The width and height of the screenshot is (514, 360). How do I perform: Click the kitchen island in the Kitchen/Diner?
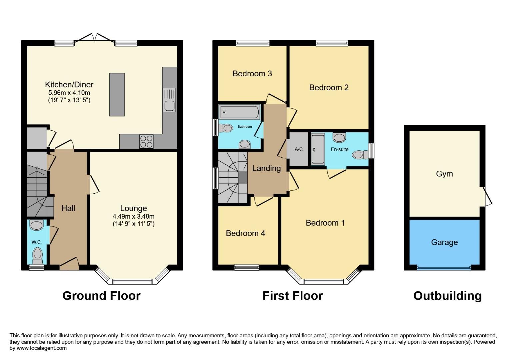[x=117, y=95]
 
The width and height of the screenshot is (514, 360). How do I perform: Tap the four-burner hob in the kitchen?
[x=146, y=141]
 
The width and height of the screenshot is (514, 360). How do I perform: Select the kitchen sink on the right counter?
[x=169, y=100]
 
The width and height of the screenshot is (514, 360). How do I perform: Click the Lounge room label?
[x=133, y=208]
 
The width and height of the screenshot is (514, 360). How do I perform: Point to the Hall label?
[x=68, y=208]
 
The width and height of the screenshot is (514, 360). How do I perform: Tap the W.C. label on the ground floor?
[x=37, y=242]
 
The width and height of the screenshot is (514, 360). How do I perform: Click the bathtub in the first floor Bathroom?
[x=239, y=112]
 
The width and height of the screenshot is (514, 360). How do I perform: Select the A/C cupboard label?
[x=299, y=149]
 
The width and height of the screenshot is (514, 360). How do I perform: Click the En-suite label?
[x=339, y=149]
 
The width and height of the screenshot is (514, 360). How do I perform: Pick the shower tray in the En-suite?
[x=318, y=149]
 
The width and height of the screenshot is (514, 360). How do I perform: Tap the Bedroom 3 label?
[x=252, y=74]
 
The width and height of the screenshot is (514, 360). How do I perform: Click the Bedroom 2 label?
[x=329, y=88]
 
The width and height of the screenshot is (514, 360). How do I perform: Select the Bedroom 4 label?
[x=245, y=233]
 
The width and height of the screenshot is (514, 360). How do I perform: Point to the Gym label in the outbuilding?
[x=444, y=174]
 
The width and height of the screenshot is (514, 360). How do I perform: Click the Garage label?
[x=444, y=242]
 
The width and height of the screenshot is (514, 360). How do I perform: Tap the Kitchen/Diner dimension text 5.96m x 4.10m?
[x=69, y=93]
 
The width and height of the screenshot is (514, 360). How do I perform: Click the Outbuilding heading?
[x=447, y=296]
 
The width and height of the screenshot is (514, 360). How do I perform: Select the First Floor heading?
[x=292, y=296]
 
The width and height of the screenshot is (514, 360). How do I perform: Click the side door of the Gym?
[x=486, y=196]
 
